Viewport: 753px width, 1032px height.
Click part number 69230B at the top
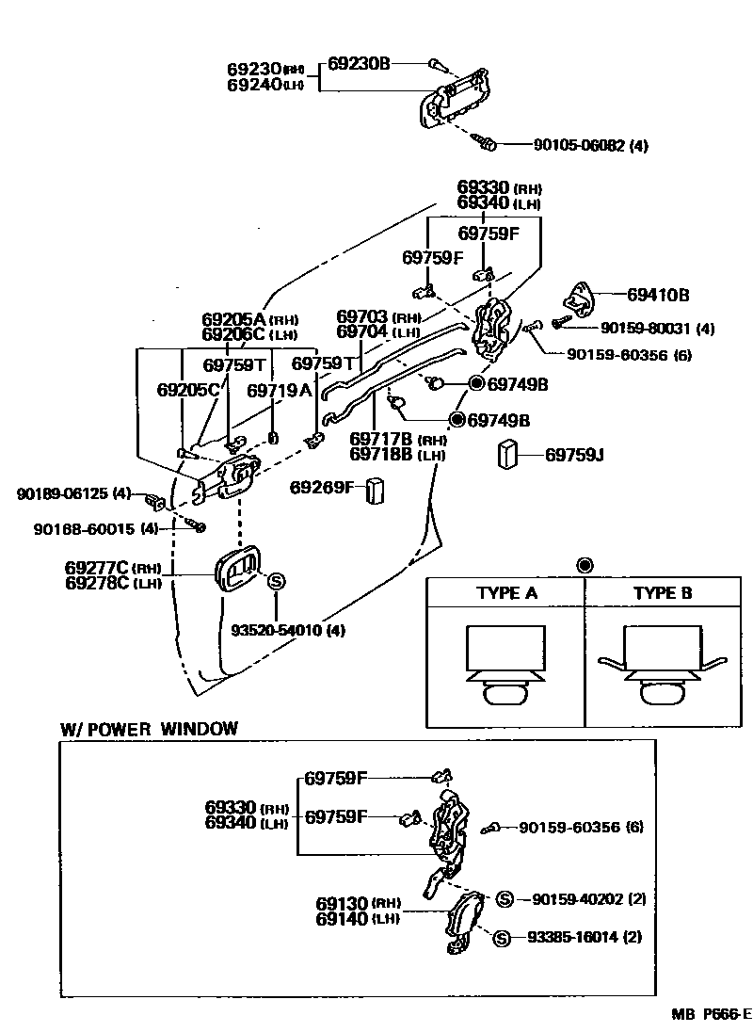(x=359, y=63)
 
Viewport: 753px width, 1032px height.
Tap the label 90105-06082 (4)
(x=590, y=145)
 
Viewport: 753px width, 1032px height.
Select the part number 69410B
(x=658, y=295)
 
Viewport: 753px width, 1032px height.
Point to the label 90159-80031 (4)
(x=658, y=328)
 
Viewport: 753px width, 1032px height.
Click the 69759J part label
(x=574, y=455)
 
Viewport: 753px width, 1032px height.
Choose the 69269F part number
(x=322, y=487)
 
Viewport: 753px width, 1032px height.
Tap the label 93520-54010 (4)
(x=288, y=630)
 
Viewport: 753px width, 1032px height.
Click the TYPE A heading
(x=506, y=593)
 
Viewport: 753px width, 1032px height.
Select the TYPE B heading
(x=663, y=593)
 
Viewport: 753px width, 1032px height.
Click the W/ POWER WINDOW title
(x=149, y=729)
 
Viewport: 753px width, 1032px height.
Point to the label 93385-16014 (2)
(x=585, y=937)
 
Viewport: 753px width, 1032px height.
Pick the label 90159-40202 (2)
(x=589, y=898)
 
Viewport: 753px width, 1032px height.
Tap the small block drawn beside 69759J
(x=507, y=454)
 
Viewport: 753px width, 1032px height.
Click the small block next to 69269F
(x=375, y=491)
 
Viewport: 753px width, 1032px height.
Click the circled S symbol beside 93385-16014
(x=501, y=938)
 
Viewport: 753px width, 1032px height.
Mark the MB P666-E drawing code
(x=712, y=1014)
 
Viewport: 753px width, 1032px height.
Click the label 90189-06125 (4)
(x=73, y=493)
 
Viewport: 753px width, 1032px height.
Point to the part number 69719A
(x=279, y=391)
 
